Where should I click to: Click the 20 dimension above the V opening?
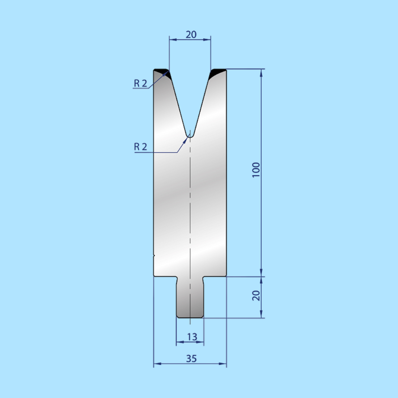[x=191, y=34]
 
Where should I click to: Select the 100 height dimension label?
[x=256, y=170]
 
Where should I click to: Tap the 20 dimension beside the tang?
[x=256, y=295]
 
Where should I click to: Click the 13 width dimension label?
[x=192, y=337]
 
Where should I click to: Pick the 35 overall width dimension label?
[x=191, y=358]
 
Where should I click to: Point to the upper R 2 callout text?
[x=140, y=83]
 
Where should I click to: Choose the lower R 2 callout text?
[x=140, y=147]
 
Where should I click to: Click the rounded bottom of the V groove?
[x=190, y=136]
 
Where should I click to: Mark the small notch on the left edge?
[x=154, y=255]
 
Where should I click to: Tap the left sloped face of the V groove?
[x=178, y=105]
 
